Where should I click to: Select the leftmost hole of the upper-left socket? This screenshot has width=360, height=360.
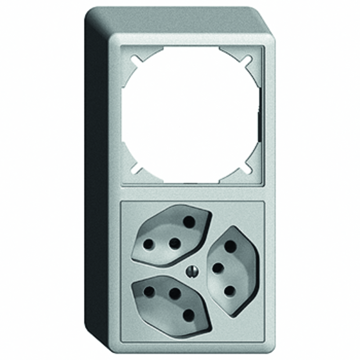pos(148,245)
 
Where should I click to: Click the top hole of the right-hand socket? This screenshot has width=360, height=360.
pos(230,246)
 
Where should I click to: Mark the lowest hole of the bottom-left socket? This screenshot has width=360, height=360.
pos(189,315)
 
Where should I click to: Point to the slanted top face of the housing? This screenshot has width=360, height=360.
pos(180,20)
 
